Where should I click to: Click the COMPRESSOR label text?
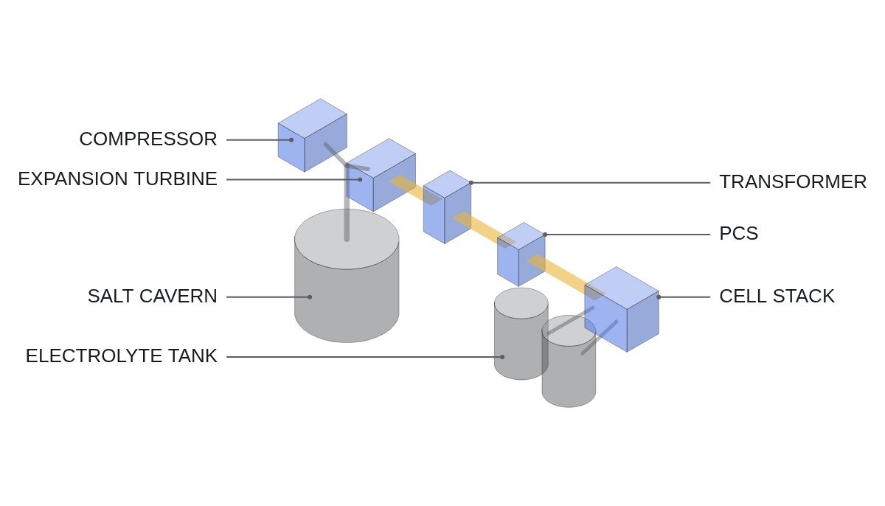coord(148,139)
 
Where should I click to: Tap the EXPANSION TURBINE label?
coord(118,179)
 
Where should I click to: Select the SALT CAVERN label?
coord(153,297)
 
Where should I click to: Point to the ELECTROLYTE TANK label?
coord(122,356)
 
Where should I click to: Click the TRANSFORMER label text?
coord(793,182)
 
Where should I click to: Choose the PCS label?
coord(739,233)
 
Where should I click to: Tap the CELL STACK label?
coord(777,297)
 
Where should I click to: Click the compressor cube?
coord(313,135)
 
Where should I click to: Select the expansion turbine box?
coord(381,175)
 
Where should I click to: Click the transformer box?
coord(447,207)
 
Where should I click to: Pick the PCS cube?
coord(521,254)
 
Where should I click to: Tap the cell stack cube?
coord(622,309)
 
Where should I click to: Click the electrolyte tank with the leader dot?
coord(521,334)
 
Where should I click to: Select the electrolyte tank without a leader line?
coord(569,361)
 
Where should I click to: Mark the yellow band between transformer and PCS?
coord(484,230)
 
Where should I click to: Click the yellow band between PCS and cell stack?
coord(566,277)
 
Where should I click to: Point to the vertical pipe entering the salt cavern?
coord(347,201)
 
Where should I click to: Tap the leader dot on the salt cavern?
coord(310,297)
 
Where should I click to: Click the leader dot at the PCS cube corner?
coord(545,235)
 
